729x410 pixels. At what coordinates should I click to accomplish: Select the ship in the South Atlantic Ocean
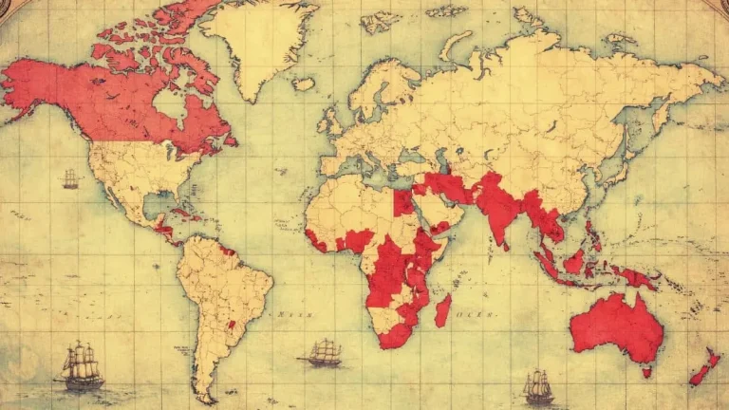[323, 353]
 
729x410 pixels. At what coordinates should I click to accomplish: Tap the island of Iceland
[303, 84]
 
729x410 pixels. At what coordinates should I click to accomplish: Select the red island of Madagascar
[442, 309]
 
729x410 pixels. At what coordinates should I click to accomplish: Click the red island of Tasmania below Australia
[646, 372]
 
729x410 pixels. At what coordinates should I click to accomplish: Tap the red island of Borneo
[573, 261]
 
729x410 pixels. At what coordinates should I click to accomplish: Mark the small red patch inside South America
[229, 325]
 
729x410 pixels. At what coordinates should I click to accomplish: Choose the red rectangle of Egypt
[403, 200]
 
